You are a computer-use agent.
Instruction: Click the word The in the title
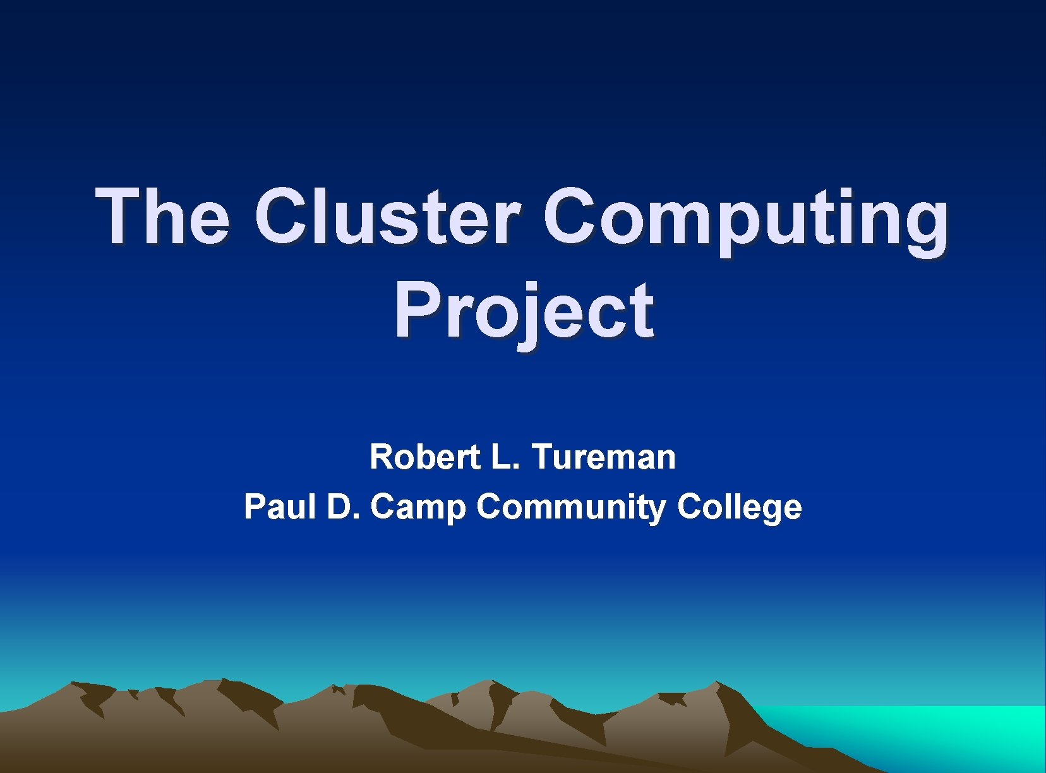[x=162, y=216]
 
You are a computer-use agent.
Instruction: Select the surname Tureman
[x=603, y=457]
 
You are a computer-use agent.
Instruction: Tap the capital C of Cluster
[x=282, y=216]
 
